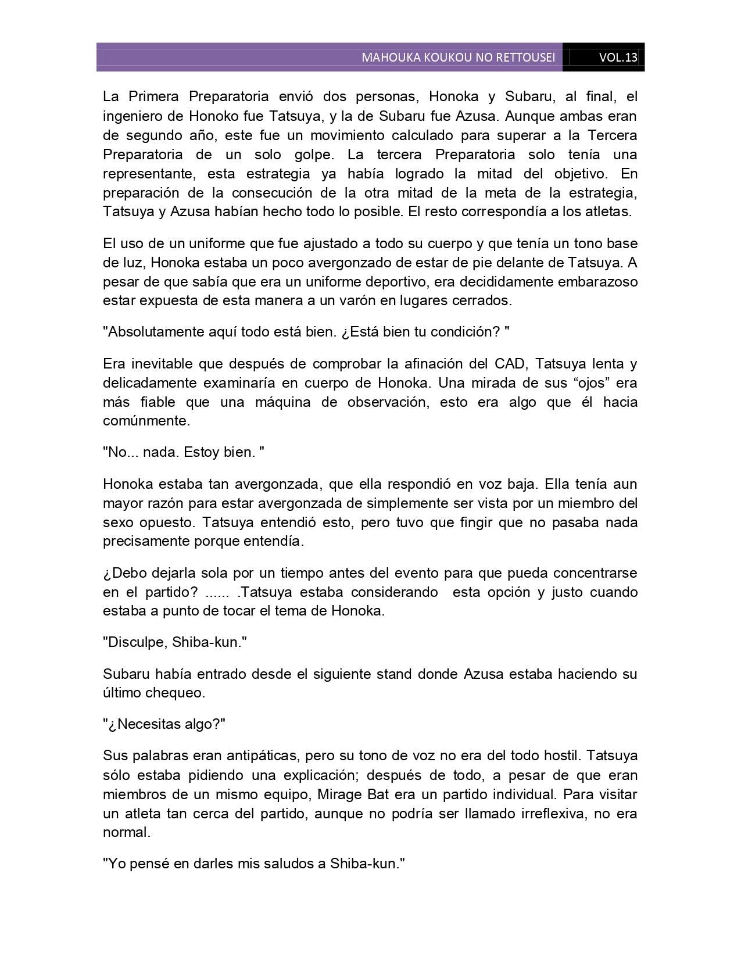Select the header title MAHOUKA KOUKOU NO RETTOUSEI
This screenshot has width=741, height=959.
(x=458, y=58)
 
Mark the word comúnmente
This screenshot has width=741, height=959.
(x=146, y=421)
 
